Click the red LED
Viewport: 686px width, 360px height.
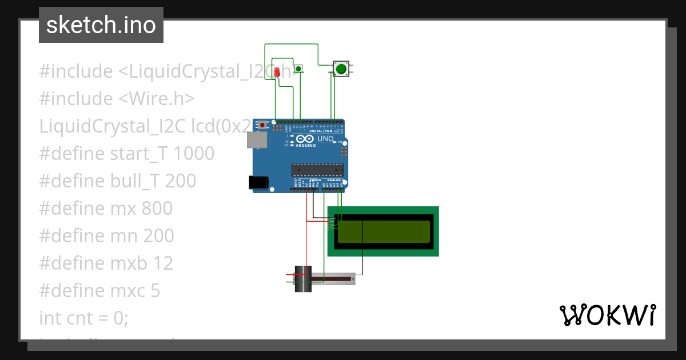(277, 72)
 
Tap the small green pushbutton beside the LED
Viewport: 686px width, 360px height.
(298, 69)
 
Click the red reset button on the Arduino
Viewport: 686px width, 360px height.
(262, 125)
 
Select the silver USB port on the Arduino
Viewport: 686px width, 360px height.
(256, 140)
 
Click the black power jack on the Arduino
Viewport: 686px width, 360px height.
(258, 182)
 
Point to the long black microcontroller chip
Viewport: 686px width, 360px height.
(317, 169)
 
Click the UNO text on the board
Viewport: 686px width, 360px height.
(325, 139)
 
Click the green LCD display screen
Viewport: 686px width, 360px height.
(383, 231)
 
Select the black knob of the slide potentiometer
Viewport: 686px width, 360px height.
(302, 279)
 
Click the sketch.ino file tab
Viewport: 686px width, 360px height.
(101, 25)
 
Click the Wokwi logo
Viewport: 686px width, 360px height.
(607, 315)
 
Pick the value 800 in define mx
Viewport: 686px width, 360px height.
(157, 208)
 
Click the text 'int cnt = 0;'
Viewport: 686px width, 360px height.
(83, 318)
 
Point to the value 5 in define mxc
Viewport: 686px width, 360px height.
(155, 290)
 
